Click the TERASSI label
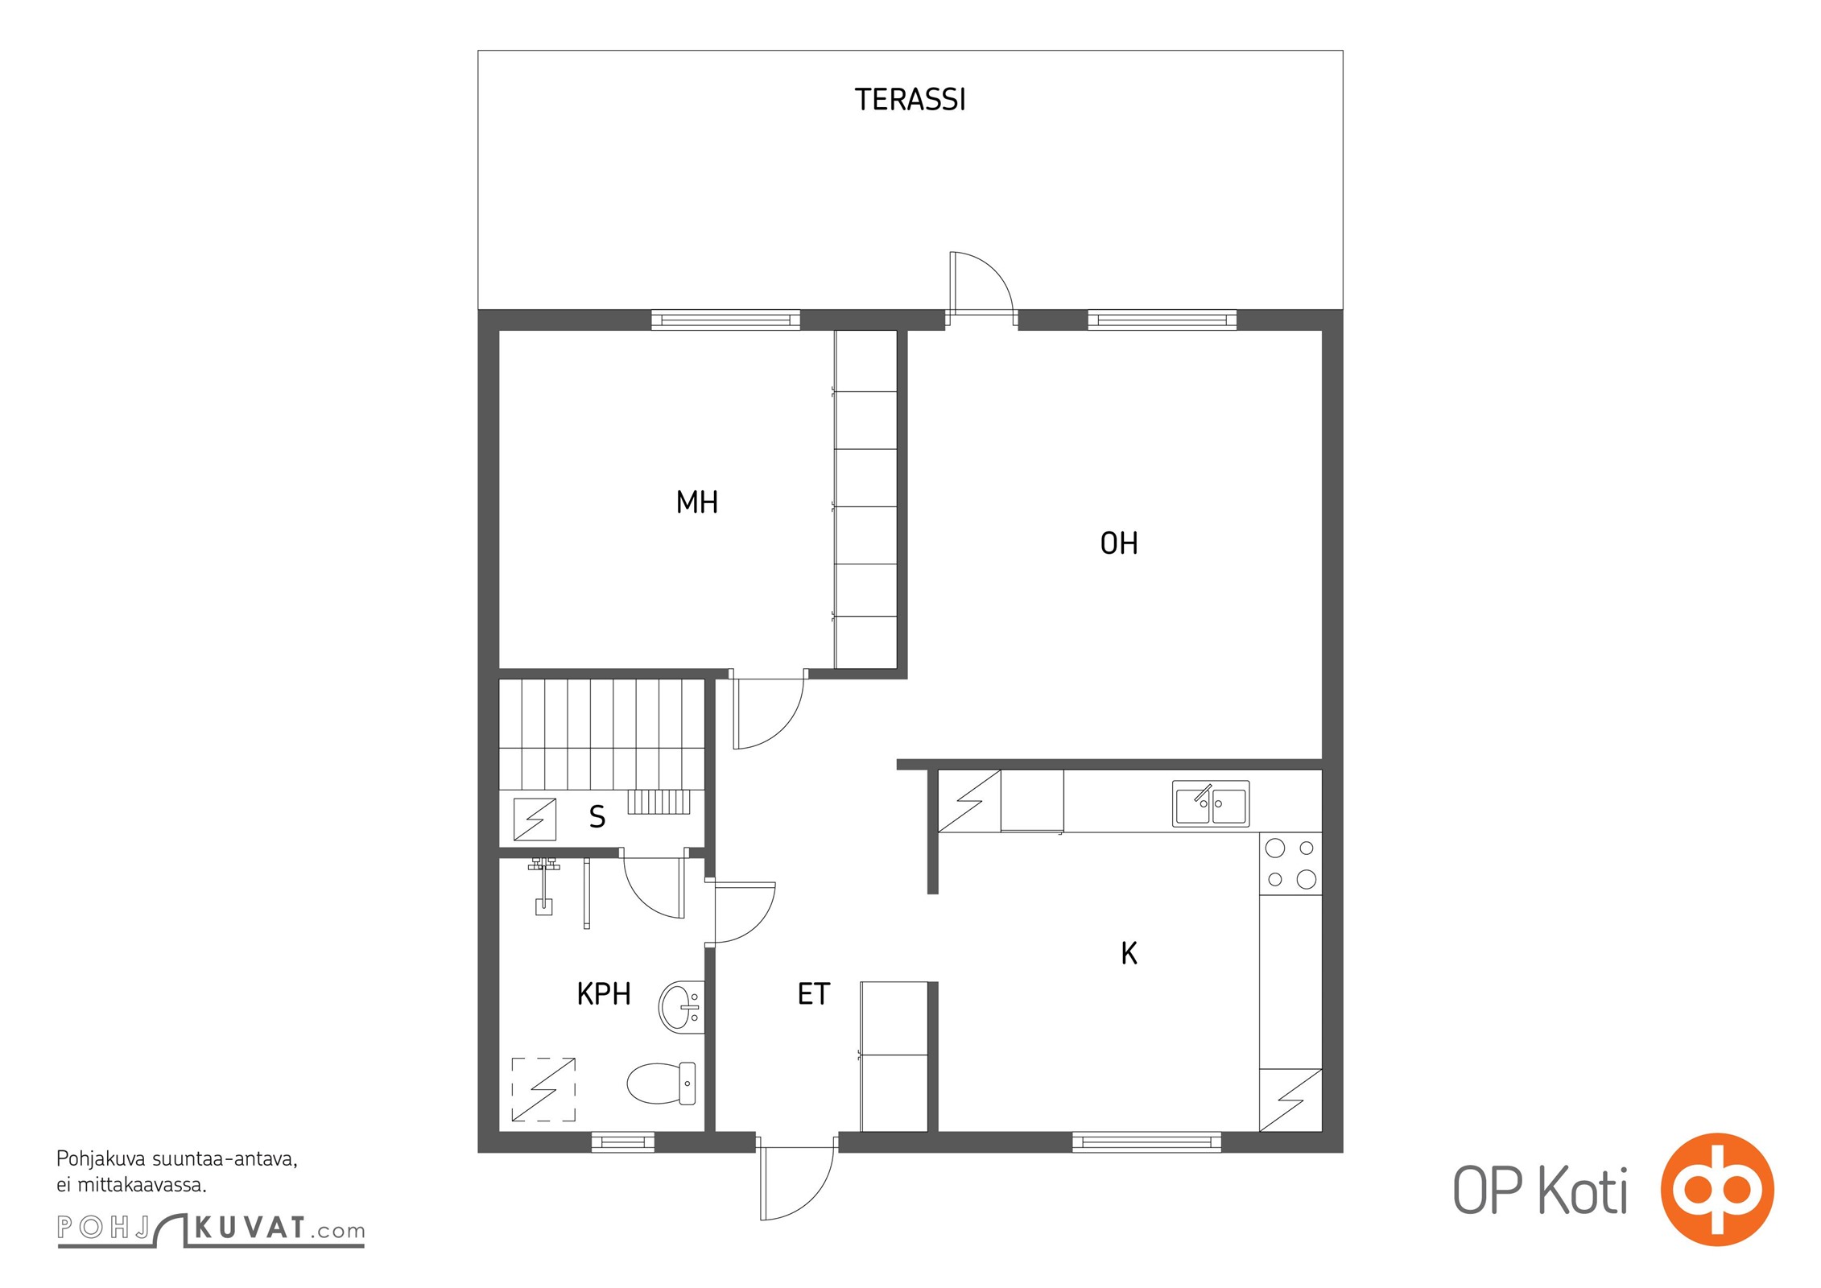pos(910,100)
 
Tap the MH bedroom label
pos(697,502)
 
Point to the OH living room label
pos(1119,543)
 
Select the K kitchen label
pos(1129,953)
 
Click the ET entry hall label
pos(813,994)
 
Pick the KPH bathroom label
pos(604,994)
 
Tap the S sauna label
pos(597,817)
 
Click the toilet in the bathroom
pos(661,1083)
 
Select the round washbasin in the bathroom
pos(681,1006)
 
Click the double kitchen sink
pos(1211,803)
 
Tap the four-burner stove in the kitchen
pos(1290,863)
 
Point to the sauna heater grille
pos(659,802)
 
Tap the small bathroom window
pos(623,1141)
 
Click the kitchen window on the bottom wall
pos(1146,1141)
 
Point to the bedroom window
pos(725,320)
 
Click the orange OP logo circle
pos(1717,1189)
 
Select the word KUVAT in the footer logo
pos(250,1228)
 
